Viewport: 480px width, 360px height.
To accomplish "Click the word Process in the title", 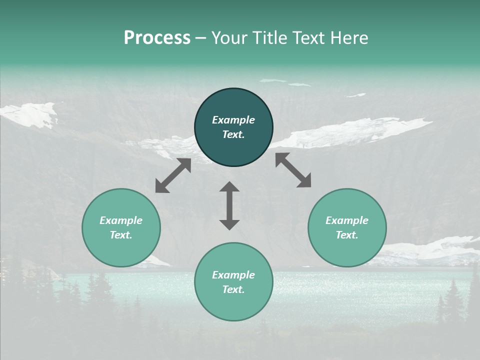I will pyautogui.click(x=157, y=38).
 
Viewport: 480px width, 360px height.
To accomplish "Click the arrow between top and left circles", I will pyautogui.click(x=173, y=175).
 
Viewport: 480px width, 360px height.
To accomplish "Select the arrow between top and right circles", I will pyautogui.click(x=293, y=170).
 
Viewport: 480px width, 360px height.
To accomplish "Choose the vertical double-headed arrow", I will pyautogui.click(x=229, y=205).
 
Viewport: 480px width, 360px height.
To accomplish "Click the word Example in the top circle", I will pyautogui.click(x=233, y=120).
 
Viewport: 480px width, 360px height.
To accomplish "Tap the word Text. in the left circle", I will pyautogui.click(x=121, y=235).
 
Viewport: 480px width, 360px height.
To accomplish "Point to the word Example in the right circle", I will pyautogui.click(x=347, y=220).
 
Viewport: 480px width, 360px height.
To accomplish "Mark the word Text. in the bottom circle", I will pyautogui.click(x=233, y=289).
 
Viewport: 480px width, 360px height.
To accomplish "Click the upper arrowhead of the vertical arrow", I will pyautogui.click(x=229, y=187).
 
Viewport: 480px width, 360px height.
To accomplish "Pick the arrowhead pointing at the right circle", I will pyautogui.click(x=304, y=181).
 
